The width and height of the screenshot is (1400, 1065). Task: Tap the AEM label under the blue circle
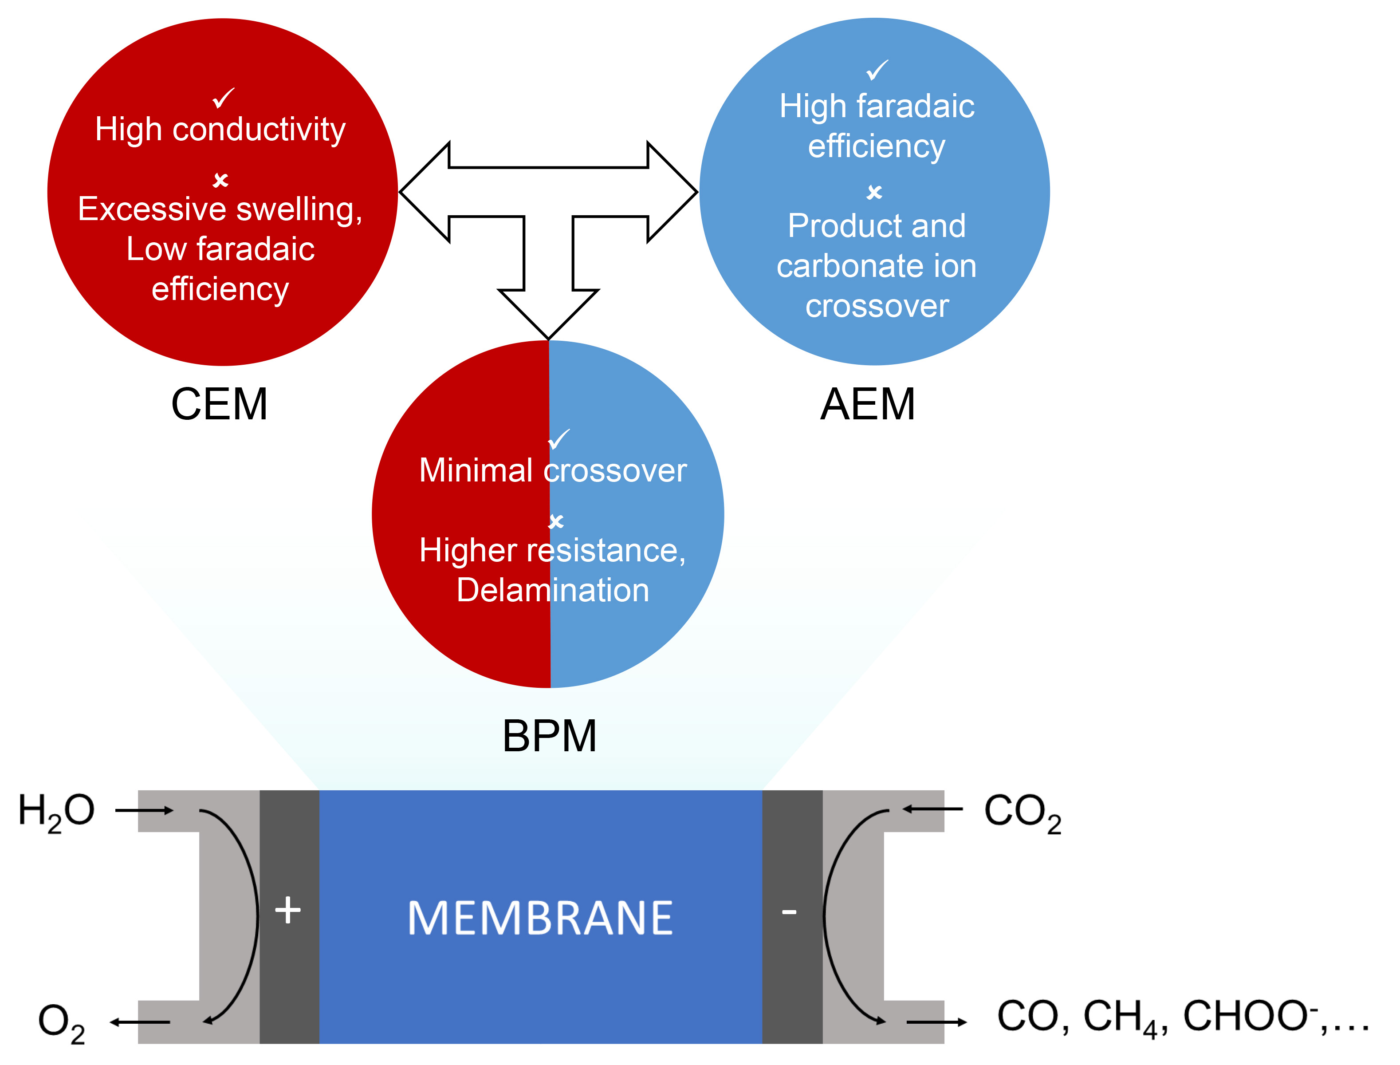(868, 404)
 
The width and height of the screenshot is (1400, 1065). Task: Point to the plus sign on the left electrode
(288, 910)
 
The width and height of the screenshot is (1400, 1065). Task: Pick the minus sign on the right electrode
(789, 912)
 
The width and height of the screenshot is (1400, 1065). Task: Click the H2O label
(56, 812)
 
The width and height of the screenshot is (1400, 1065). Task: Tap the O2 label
(62, 1022)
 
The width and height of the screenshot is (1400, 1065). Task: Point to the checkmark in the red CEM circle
(224, 98)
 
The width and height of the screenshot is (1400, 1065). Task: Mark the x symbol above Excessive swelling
(220, 180)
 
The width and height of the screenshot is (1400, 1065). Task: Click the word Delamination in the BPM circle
(553, 590)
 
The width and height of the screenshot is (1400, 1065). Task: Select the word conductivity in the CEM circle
(259, 130)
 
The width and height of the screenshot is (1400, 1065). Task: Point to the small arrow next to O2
(139, 1022)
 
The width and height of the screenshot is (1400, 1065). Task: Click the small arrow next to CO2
(933, 809)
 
